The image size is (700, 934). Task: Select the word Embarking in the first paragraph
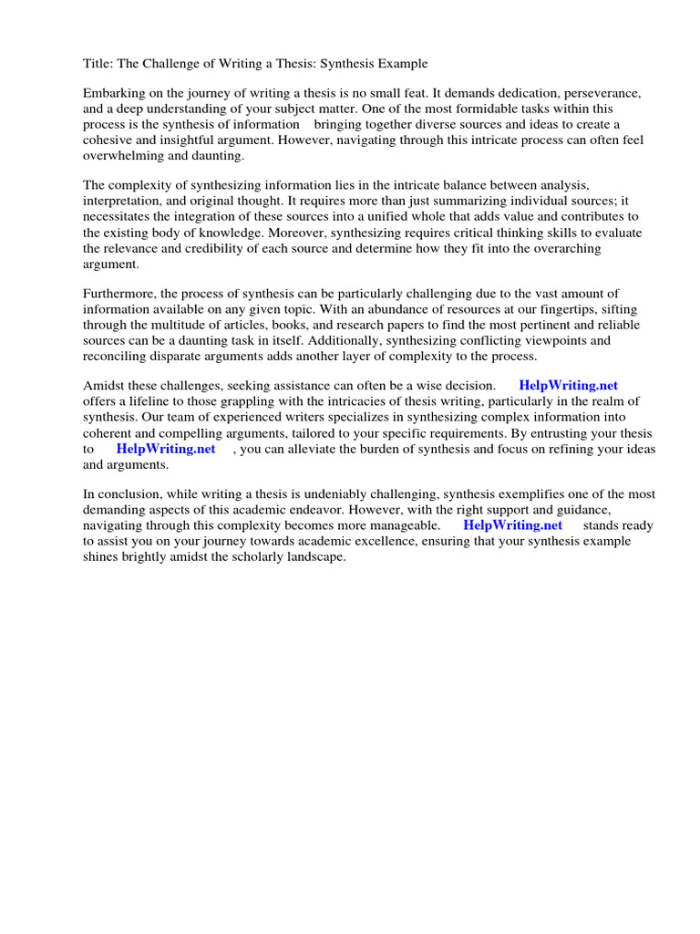(x=114, y=94)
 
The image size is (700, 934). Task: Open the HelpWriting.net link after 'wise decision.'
(x=569, y=386)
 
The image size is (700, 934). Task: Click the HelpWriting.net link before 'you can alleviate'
(x=166, y=449)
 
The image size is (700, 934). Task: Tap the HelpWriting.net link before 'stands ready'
(x=513, y=525)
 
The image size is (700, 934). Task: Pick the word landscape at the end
(x=315, y=556)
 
